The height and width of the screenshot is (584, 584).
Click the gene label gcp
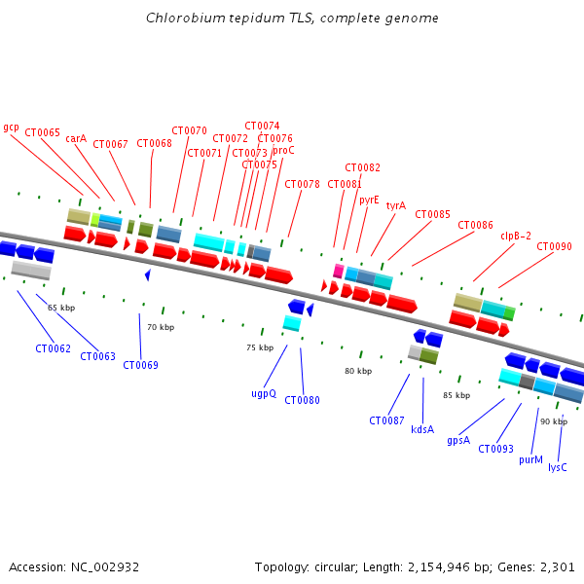point(12,127)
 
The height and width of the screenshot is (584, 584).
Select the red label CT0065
point(42,132)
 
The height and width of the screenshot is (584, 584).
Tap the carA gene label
point(76,138)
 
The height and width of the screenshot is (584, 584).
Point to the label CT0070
point(189,130)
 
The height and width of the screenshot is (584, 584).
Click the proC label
point(283,150)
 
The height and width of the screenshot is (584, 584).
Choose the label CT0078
point(302,184)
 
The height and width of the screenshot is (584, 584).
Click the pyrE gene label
point(369,200)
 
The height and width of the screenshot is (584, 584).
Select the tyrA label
point(395,205)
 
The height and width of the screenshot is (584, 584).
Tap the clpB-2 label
point(516,236)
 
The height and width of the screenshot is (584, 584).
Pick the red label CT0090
point(554,246)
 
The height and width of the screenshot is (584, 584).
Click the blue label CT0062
point(53,348)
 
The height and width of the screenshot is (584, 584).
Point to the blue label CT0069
point(140,365)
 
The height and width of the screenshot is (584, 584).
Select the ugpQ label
point(264,393)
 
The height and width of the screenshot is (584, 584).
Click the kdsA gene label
point(422,429)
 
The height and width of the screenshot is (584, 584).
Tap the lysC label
point(557,467)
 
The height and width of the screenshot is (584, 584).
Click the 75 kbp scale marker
point(259,347)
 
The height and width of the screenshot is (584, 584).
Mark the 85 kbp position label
point(456,395)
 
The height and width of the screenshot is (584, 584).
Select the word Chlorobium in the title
point(180,18)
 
